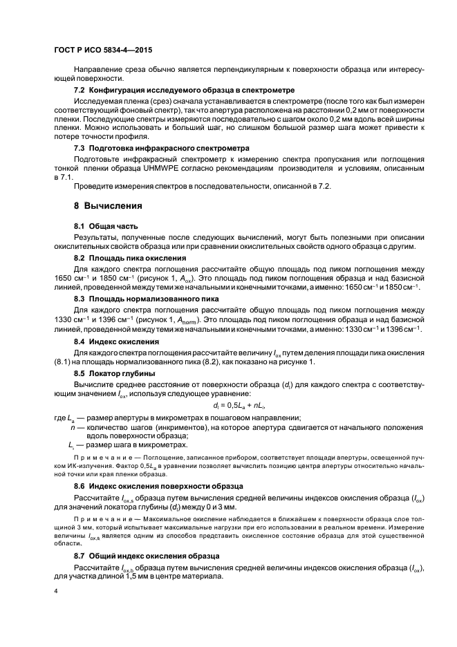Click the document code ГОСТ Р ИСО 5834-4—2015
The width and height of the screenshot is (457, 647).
tap(104, 50)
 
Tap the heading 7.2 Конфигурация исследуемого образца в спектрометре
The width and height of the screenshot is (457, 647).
tap(185, 90)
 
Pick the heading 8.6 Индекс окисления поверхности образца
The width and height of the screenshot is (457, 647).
tap(158, 486)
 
